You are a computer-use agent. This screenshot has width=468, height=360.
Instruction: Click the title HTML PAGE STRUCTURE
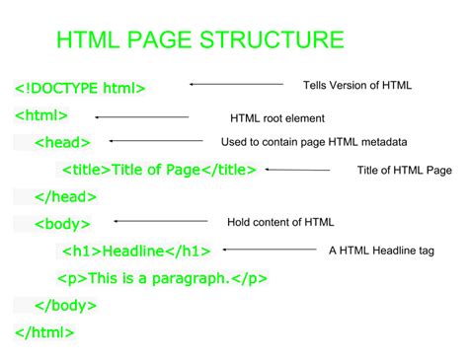point(199,40)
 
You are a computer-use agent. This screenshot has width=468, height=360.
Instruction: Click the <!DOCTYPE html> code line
point(80,88)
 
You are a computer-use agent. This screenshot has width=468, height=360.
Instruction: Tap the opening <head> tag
point(62,143)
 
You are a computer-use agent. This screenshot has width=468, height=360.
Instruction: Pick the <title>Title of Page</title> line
point(158,170)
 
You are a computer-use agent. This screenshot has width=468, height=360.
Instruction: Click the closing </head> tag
point(65,197)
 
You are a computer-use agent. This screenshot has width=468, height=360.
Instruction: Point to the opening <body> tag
point(63,224)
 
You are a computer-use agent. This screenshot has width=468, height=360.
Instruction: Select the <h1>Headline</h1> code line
point(136,251)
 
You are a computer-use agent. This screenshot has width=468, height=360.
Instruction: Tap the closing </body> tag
point(66,305)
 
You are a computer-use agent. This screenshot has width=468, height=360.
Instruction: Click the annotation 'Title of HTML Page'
point(404,171)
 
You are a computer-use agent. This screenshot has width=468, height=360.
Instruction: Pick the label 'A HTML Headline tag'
point(381,251)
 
